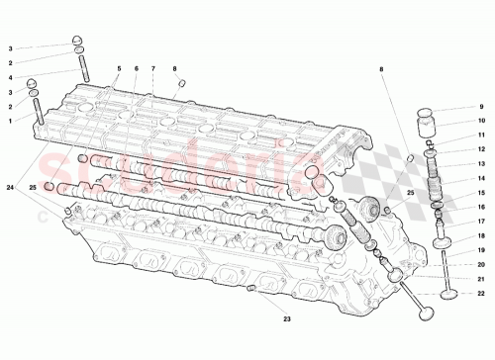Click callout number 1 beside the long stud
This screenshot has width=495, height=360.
[11, 120]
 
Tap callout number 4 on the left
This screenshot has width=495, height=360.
[11, 76]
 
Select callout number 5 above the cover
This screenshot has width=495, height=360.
[117, 68]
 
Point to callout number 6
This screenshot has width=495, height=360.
[135, 68]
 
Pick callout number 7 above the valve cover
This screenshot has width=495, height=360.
[153, 68]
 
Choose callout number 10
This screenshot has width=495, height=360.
[481, 122]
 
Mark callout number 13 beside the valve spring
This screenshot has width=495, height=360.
[481, 164]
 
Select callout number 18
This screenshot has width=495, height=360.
[481, 237]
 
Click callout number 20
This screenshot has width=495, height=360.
[481, 264]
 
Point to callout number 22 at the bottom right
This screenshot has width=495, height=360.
[481, 294]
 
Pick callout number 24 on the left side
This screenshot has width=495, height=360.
[11, 187]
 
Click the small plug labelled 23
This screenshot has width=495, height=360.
[250, 288]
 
